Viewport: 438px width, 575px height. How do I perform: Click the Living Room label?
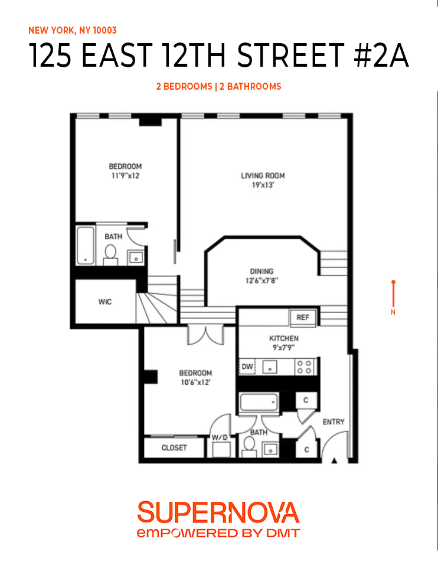tap(263, 175)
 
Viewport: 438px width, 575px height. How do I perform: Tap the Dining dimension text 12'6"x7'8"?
tap(262, 281)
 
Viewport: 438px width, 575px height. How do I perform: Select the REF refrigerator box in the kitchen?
tap(303, 318)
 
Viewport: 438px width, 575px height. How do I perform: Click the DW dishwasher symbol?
tap(247, 367)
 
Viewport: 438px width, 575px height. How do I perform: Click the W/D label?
tap(220, 437)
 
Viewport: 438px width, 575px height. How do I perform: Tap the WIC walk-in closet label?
tap(104, 302)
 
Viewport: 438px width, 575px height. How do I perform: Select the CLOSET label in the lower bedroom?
tap(174, 448)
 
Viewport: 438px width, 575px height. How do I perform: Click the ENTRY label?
tap(333, 422)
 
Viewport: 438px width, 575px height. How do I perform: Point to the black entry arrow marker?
tap(335, 462)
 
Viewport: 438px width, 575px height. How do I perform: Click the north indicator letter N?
tap(393, 312)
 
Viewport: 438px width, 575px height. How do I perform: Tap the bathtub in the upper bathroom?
tap(86, 245)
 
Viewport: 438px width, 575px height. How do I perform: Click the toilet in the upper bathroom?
tap(110, 254)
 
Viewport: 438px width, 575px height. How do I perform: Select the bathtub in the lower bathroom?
tap(259, 403)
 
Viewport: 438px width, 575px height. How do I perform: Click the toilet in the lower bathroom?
tap(248, 449)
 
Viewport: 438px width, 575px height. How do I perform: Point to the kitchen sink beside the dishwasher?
tap(270, 367)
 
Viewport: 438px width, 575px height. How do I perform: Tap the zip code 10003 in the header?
tap(110, 30)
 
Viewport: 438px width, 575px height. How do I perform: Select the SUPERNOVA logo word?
tap(218, 512)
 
